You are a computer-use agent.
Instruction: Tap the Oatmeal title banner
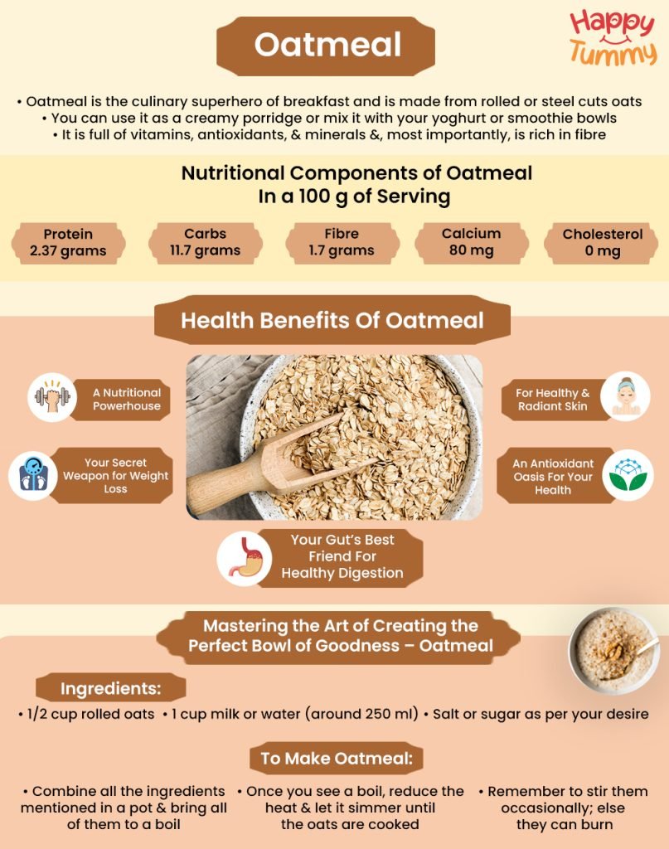coord(326,45)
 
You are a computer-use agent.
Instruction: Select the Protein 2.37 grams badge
coord(68,242)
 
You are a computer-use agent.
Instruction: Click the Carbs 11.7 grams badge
coord(206,242)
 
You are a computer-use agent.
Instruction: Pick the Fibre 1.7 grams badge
coord(342,242)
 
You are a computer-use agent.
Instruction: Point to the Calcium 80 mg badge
coord(471,242)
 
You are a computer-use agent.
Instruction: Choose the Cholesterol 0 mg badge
coord(602,242)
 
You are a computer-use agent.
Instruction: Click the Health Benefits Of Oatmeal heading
coord(332,320)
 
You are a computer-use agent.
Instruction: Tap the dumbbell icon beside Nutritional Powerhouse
coord(52,397)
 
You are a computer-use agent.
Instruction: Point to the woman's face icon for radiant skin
coord(624,395)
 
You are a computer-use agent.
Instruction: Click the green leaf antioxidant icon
coord(628,476)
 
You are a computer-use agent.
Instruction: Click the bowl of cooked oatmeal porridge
coord(613,651)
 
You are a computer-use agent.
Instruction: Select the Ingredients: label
coord(110,688)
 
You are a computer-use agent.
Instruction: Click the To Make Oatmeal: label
coord(336,758)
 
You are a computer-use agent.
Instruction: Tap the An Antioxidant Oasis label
coord(552,477)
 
